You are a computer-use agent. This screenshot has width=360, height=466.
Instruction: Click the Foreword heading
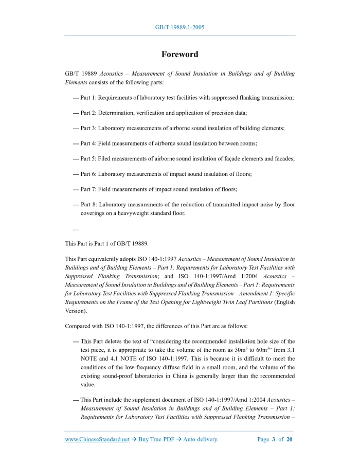[x=179, y=54]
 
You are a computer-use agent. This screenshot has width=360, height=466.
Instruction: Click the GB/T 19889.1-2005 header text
[x=179, y=27]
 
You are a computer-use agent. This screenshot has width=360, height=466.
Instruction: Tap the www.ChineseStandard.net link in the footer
[x=97, y=439]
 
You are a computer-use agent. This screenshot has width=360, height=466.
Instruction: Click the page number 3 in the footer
[x=274, y=439]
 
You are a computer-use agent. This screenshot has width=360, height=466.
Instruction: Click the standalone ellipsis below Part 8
[x=76, y=228]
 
